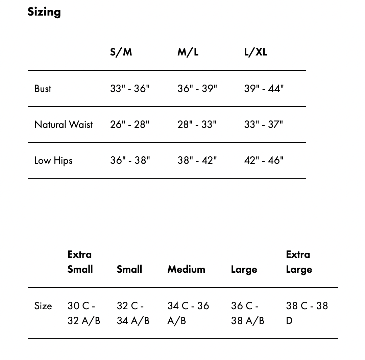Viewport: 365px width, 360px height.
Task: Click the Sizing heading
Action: [x=44, y=12]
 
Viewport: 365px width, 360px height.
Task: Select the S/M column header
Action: [x=121, y=52]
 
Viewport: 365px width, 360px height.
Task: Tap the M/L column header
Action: [x=188, y=52]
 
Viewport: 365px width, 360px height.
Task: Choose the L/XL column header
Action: [x=255, y=52]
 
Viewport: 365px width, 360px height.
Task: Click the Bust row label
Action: [x=43, y=89]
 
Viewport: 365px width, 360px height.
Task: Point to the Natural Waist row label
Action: [x=64, y=125]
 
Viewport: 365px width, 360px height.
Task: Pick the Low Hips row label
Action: [x=53, y=160]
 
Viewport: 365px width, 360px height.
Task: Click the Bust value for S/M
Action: [x=130, y=89]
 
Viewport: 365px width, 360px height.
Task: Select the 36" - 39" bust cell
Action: [x=197, y=89]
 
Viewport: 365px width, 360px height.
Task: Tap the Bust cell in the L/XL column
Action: [x=264, y=89]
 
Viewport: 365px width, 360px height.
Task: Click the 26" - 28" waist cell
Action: [x=130, y=125]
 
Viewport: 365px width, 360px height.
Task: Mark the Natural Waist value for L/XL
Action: [x=264, y=125]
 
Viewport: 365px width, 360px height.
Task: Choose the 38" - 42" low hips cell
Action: [x=197, y=160]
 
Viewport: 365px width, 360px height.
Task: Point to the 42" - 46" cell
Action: [x=264, y=160]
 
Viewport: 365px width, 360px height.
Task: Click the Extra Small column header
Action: [x=80, y=262]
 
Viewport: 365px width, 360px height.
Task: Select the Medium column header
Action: [x=186, y=269]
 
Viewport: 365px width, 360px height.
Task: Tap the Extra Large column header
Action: [x=299, y=262]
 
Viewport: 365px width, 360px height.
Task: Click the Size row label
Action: [x=43, y=306]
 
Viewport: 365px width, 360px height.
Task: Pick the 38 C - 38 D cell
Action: [x=307, y=313]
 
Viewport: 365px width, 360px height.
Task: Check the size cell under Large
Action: [x=248, y=313]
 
